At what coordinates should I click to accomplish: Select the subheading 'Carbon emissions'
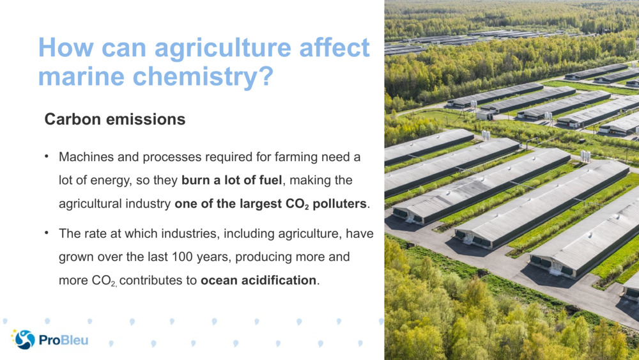click(x=115, y=120)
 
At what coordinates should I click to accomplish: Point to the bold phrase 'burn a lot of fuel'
click(x=231, y=181)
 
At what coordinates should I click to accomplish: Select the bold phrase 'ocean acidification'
click(x=263, y=281)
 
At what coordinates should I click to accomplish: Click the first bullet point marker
click(x=47, y=157)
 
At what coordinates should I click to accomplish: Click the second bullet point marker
click(x=47, y=233)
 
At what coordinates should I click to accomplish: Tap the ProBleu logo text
click(x=63, y=340)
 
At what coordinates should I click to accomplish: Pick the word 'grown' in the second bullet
click(x=76, y=257)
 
